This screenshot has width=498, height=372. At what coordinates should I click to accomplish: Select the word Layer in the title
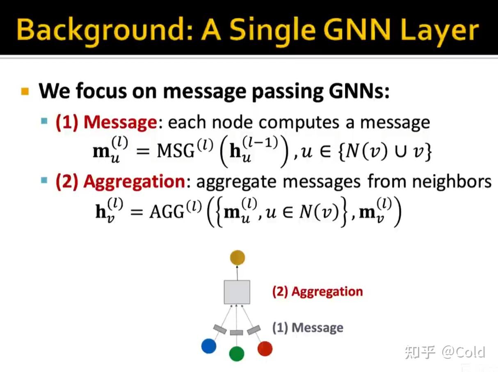[433, 30]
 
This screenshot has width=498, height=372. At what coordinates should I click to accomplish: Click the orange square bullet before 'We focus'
[25, 91]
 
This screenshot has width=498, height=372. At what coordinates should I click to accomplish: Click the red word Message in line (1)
[120, 122]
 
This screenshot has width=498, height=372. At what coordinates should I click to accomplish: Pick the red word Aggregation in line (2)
[134, 181]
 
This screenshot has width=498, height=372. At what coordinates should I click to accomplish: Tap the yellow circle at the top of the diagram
[237, 258]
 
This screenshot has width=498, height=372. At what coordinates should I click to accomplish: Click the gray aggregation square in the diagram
[237, 292]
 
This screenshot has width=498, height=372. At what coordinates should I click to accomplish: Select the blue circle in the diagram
[208, 346]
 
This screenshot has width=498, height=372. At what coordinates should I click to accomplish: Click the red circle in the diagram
[265, 348]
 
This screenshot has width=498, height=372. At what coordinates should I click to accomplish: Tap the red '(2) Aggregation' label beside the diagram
[318, 292]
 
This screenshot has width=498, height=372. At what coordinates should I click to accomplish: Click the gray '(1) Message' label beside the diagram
[308, 328]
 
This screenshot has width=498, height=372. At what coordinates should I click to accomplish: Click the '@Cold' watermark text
[463, 352]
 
